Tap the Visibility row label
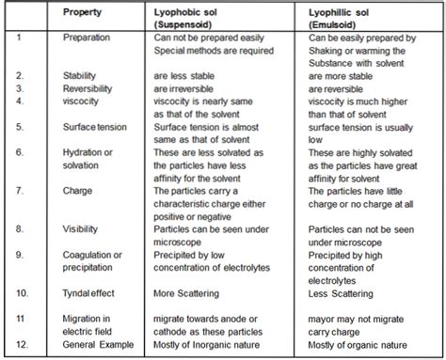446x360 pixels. [x=82, y=228]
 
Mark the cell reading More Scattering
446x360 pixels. [x=193, y=293]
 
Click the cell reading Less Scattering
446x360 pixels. [x=347, y=293]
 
